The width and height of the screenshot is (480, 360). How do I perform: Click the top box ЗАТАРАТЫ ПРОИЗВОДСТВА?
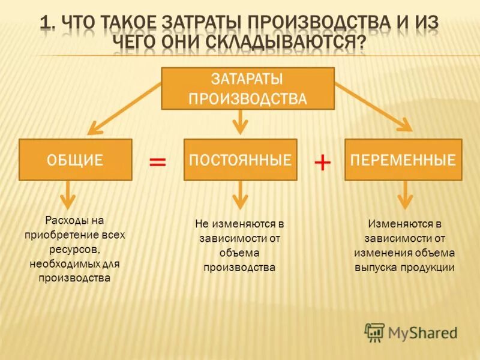tap(247, 88)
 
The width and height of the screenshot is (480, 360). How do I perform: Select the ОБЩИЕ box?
tap(76, 160)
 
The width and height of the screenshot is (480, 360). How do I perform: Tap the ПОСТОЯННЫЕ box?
tap(240, 160)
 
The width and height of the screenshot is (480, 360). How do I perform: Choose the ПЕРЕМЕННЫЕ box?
tap(403, 160)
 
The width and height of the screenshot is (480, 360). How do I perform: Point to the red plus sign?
tap(322, 162)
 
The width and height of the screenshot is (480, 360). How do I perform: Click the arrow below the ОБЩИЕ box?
tap(68, 195)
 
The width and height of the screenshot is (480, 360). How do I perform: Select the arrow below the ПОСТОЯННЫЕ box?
tap(240, 195)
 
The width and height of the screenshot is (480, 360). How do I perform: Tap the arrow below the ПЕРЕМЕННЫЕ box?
tap(406, 195)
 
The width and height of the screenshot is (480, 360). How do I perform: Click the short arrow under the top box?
tap(240, 122)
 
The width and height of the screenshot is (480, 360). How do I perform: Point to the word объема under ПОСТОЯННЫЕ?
tap(239, 253)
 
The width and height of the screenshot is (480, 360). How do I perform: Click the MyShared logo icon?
tap(375, 332)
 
